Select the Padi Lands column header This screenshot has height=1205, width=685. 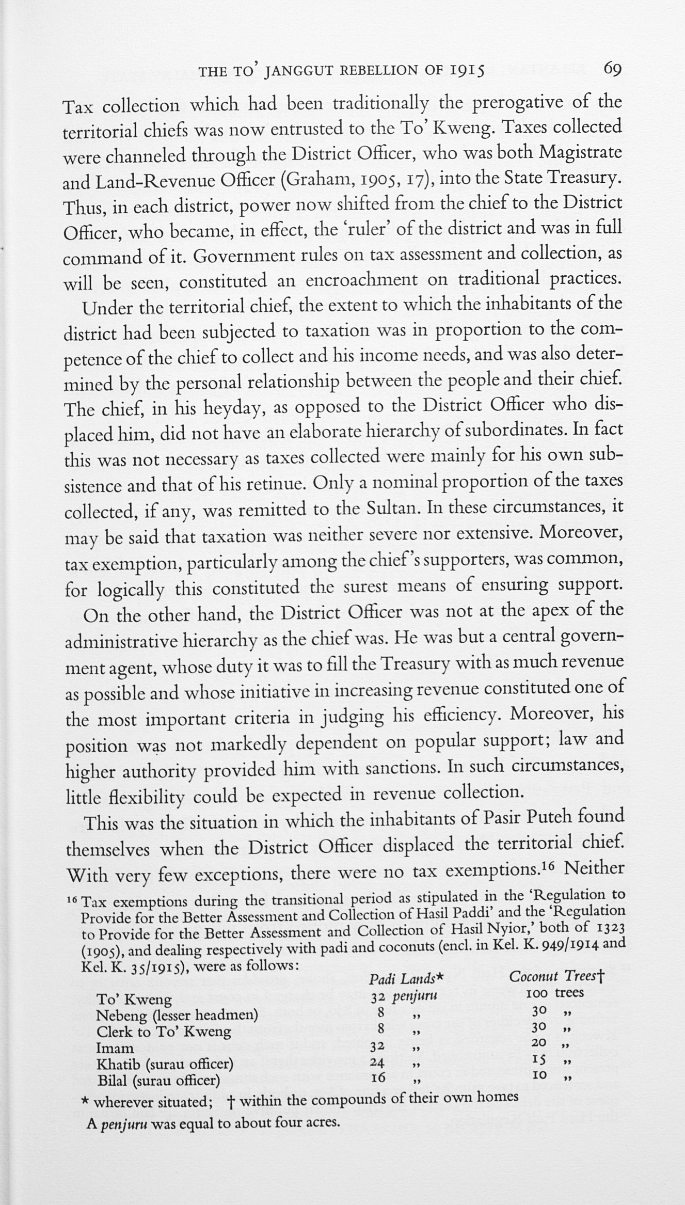(x=407, y=978)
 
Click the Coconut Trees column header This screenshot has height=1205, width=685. (x=556, y=976)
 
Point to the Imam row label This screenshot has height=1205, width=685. (x=115, y=1048)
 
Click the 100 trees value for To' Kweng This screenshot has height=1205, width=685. (x=554, y=992)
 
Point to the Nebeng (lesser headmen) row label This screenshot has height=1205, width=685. (x=177, y=1015)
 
